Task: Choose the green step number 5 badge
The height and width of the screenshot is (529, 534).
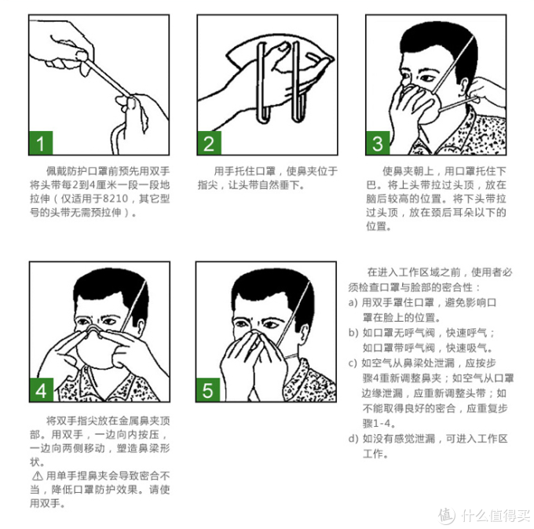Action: (209, 390)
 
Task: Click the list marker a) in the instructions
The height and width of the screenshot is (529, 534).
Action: (353, 302)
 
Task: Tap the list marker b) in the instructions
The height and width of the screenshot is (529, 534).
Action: (353, 332)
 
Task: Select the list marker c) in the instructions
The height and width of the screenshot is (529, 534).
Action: (353, 363)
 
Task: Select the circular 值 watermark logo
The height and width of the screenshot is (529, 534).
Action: (447, 515)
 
